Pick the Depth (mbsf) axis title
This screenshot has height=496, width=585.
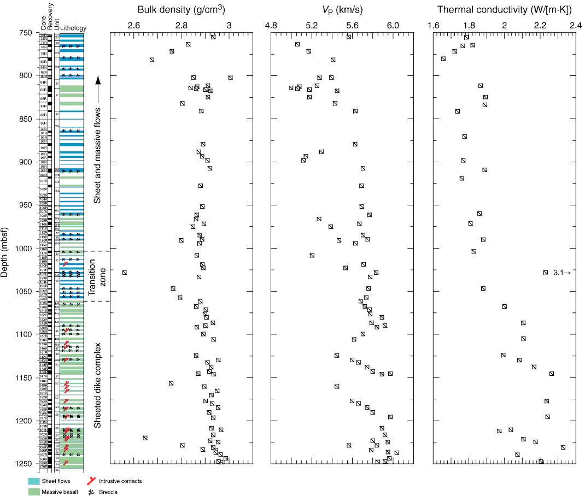[x=5, y=249]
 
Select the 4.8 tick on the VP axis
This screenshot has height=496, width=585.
[x=271, y=25]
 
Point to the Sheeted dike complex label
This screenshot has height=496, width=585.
[x=96, y=386]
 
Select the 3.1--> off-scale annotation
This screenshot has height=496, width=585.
[x=562, y=272]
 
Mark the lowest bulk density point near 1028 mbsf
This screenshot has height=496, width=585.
[x=125, y=272]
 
